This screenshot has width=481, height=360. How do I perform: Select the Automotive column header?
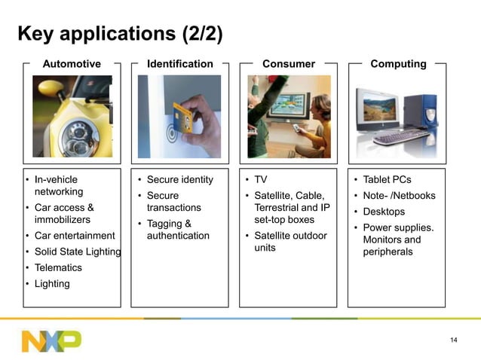pyautogui.click(x=72, y=64)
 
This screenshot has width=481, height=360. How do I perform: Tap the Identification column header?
pyautogui.click(x=179, y=64)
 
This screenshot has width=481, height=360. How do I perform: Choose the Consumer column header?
pyautogui.click(x=288, y=64)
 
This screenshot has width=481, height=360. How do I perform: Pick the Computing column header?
pyautogui.click(x=397, y=64)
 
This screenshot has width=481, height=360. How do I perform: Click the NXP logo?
pyautogui.click(x=51, y=340)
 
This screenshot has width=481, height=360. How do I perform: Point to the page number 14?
pyautogui.click(x=453, y=340)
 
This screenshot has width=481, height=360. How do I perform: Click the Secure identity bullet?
pyautogui.click(x=179, y=180)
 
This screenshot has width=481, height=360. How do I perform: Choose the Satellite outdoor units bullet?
pyautogui.click(x=290, y=242)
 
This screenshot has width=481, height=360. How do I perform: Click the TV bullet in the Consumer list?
pyautogui.click(x=261, y=180)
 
